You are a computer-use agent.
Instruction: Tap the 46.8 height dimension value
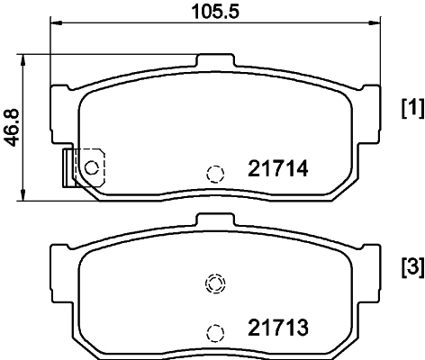pos(12,129)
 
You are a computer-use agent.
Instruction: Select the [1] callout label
pos(411,110)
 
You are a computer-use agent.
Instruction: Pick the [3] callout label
pos(411,269)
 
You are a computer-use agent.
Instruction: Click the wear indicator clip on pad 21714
pos(68,168)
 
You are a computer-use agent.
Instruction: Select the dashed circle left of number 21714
pos(214,174)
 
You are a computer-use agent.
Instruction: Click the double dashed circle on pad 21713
pos(214,285)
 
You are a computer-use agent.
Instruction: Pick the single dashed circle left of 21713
pos(214,332)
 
